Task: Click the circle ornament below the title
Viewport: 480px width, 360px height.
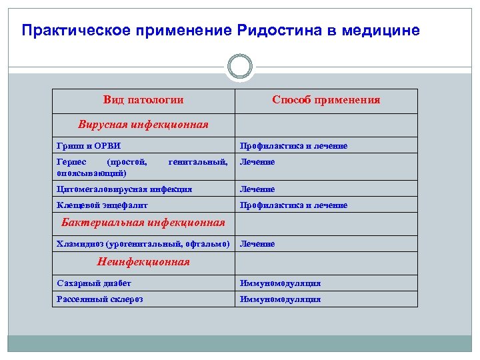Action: [x=240, y=67]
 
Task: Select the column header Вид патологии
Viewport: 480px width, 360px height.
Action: [x=143, y=100]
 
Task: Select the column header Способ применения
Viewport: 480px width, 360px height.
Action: [x=326, y=100]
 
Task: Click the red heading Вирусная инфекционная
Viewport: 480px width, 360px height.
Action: [x=143, y=124]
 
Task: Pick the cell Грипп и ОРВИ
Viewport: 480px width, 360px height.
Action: [x=89, y=145]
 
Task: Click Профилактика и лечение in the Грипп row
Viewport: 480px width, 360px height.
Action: [x=293, y=145]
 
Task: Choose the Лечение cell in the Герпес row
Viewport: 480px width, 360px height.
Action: [x=257, y=162]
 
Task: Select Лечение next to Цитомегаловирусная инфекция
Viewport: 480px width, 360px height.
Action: [x=257, y=189]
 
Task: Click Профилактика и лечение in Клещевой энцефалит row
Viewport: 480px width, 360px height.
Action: [x=293, y=205]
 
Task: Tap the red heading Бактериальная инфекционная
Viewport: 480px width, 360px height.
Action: [x=143, y=222]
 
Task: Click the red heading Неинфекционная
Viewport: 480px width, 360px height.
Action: [x=143, y=262]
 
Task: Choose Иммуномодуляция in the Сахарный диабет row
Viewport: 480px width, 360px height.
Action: [x=280, y=283]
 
